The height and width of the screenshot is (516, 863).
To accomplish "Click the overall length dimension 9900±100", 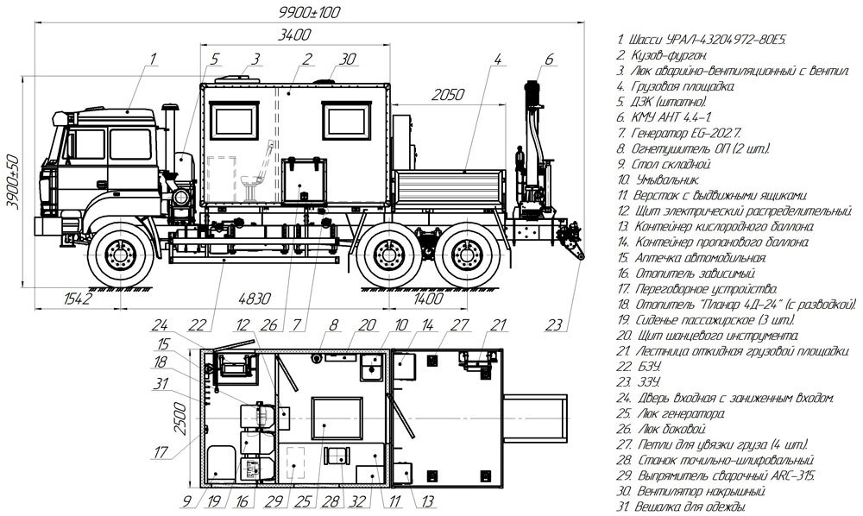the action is pos(309,12).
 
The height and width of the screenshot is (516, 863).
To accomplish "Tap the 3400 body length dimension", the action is pos(294,35).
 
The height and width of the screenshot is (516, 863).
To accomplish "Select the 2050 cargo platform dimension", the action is pos(447,95).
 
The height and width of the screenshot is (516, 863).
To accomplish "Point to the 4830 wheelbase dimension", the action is pos(255,299).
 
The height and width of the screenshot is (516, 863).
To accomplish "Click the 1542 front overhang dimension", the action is pos(78,299).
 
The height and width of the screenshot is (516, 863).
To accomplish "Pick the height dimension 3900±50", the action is pos(12,182).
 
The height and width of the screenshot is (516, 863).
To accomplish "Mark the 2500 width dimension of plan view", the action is pos(180,418).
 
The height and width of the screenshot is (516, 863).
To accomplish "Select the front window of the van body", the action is pos(235,121).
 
